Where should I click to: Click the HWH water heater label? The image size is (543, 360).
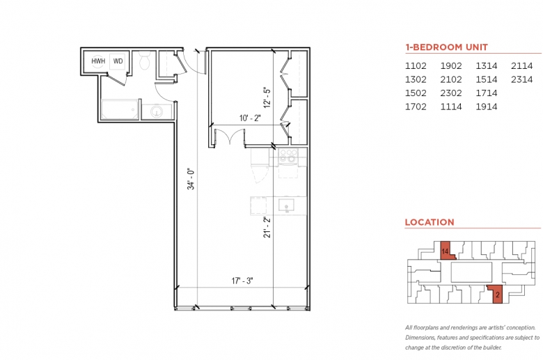98,61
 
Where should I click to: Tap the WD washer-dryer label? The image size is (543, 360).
118,61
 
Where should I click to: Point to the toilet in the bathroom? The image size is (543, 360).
144,60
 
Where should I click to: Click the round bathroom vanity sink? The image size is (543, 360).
157,111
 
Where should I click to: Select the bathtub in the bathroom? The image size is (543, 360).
120,109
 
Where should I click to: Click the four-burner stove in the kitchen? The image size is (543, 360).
288,155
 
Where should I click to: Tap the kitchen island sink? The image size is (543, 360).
286,205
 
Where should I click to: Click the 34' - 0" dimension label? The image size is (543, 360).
191,179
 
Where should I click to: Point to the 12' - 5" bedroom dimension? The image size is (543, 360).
267,97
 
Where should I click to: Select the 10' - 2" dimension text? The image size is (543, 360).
250,118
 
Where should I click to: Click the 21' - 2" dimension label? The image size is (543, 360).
267,227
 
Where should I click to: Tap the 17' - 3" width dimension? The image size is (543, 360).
242,281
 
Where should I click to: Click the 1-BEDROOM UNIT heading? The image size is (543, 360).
446,47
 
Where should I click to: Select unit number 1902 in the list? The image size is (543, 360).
451,66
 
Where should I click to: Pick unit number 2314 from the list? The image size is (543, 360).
521,79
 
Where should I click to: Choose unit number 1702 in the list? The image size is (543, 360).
416,107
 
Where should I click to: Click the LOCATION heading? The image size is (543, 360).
430,222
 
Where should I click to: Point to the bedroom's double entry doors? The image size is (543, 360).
230,136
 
